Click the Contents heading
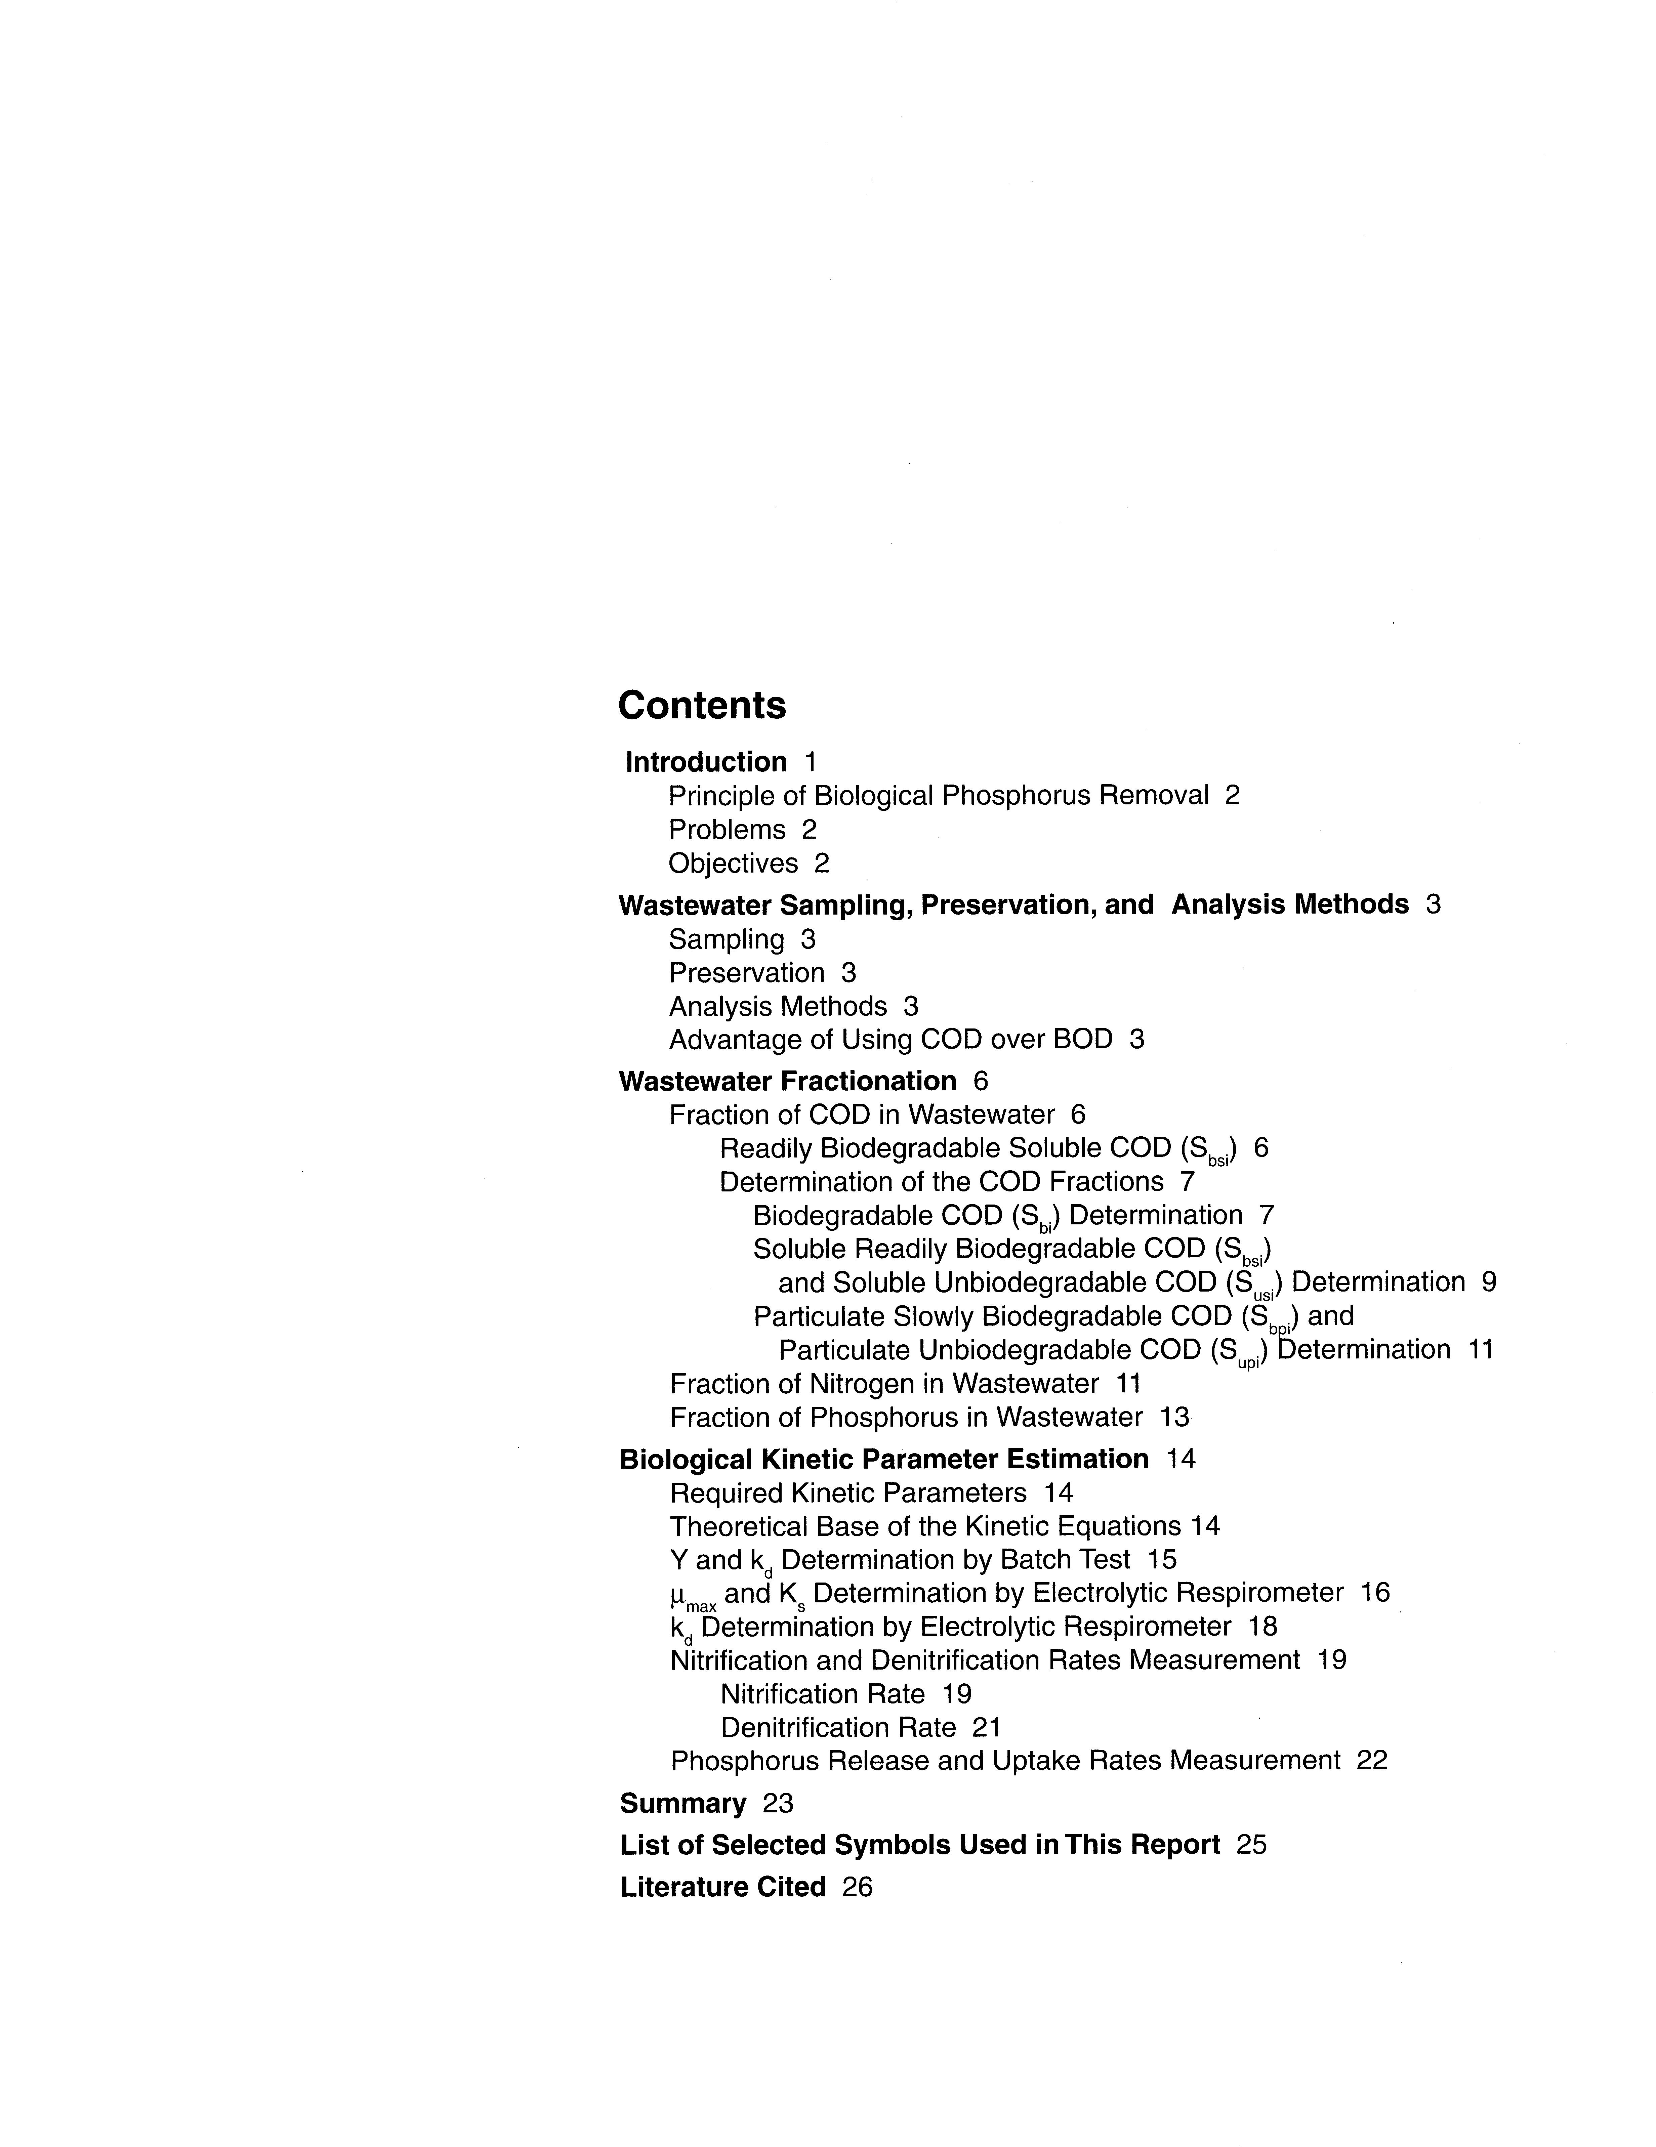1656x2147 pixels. [702, 705]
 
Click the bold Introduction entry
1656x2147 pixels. [706, 762]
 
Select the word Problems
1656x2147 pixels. [727, 830]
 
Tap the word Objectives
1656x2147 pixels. [733, 863]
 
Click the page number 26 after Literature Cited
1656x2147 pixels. [858, 1887]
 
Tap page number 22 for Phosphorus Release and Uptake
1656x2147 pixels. [1372, 1760]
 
